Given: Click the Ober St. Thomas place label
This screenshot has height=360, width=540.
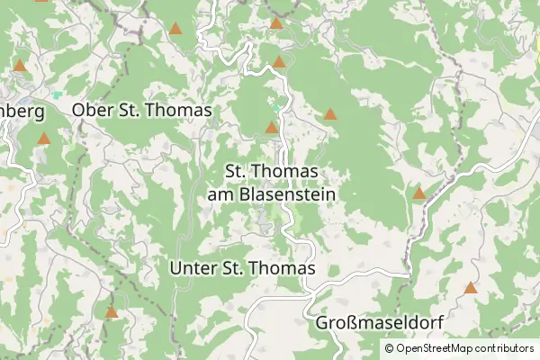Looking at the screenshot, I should (x=141, y=110).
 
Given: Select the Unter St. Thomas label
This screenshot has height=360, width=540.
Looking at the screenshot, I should (x=242, y=268).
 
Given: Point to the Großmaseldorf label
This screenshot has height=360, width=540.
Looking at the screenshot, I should (x=382, y=322).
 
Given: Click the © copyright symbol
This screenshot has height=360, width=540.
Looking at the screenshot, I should (x=389, y=348).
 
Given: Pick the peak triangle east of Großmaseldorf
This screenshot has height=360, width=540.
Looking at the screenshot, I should (x=470, y=288).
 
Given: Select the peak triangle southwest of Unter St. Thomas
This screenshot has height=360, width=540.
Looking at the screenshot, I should (x=112, y=312).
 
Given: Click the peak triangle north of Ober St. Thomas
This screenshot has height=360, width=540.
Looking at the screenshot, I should (x=175, y=28).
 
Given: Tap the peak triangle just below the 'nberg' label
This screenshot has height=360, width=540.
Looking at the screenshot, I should (x=44, y=139).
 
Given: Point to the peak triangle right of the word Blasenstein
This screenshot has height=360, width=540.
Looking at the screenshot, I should (x=418, y=193).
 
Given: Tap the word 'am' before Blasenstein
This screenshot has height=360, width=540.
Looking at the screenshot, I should (x=219, y=193).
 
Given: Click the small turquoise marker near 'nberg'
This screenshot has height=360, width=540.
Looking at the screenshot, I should (x=58, y=94).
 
